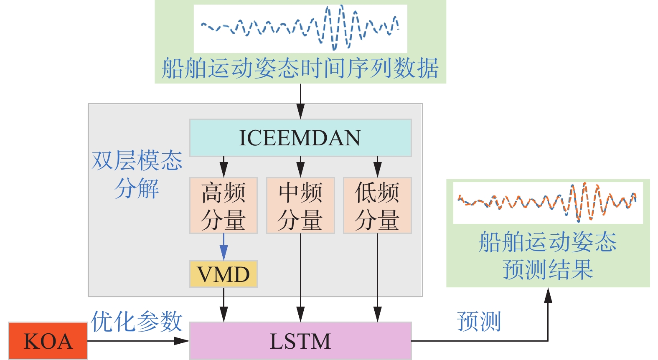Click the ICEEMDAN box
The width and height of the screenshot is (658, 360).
click(300, 138)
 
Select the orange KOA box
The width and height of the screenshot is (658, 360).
click(48, 341)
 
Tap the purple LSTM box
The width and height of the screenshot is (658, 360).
click(300, 341)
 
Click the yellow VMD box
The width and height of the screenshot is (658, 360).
click(224, 274)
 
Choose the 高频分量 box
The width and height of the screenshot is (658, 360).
click(224, 205)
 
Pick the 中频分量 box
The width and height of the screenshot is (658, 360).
click(300, 205)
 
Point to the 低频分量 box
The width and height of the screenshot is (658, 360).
click(377, 205)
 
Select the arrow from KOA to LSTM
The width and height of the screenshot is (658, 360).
click(138, 341)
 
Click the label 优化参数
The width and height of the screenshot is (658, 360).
click(137, 321)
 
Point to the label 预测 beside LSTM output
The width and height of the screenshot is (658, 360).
click(479, 321)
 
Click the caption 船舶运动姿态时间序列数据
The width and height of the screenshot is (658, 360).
click(300, 68)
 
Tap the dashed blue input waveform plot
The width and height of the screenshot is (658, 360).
click(300, 28)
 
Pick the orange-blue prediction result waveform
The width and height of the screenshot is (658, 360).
click(548, 202)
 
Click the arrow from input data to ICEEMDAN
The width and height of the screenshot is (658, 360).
click(300, 101)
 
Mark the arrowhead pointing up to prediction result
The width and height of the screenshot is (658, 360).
click(548, 295)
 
